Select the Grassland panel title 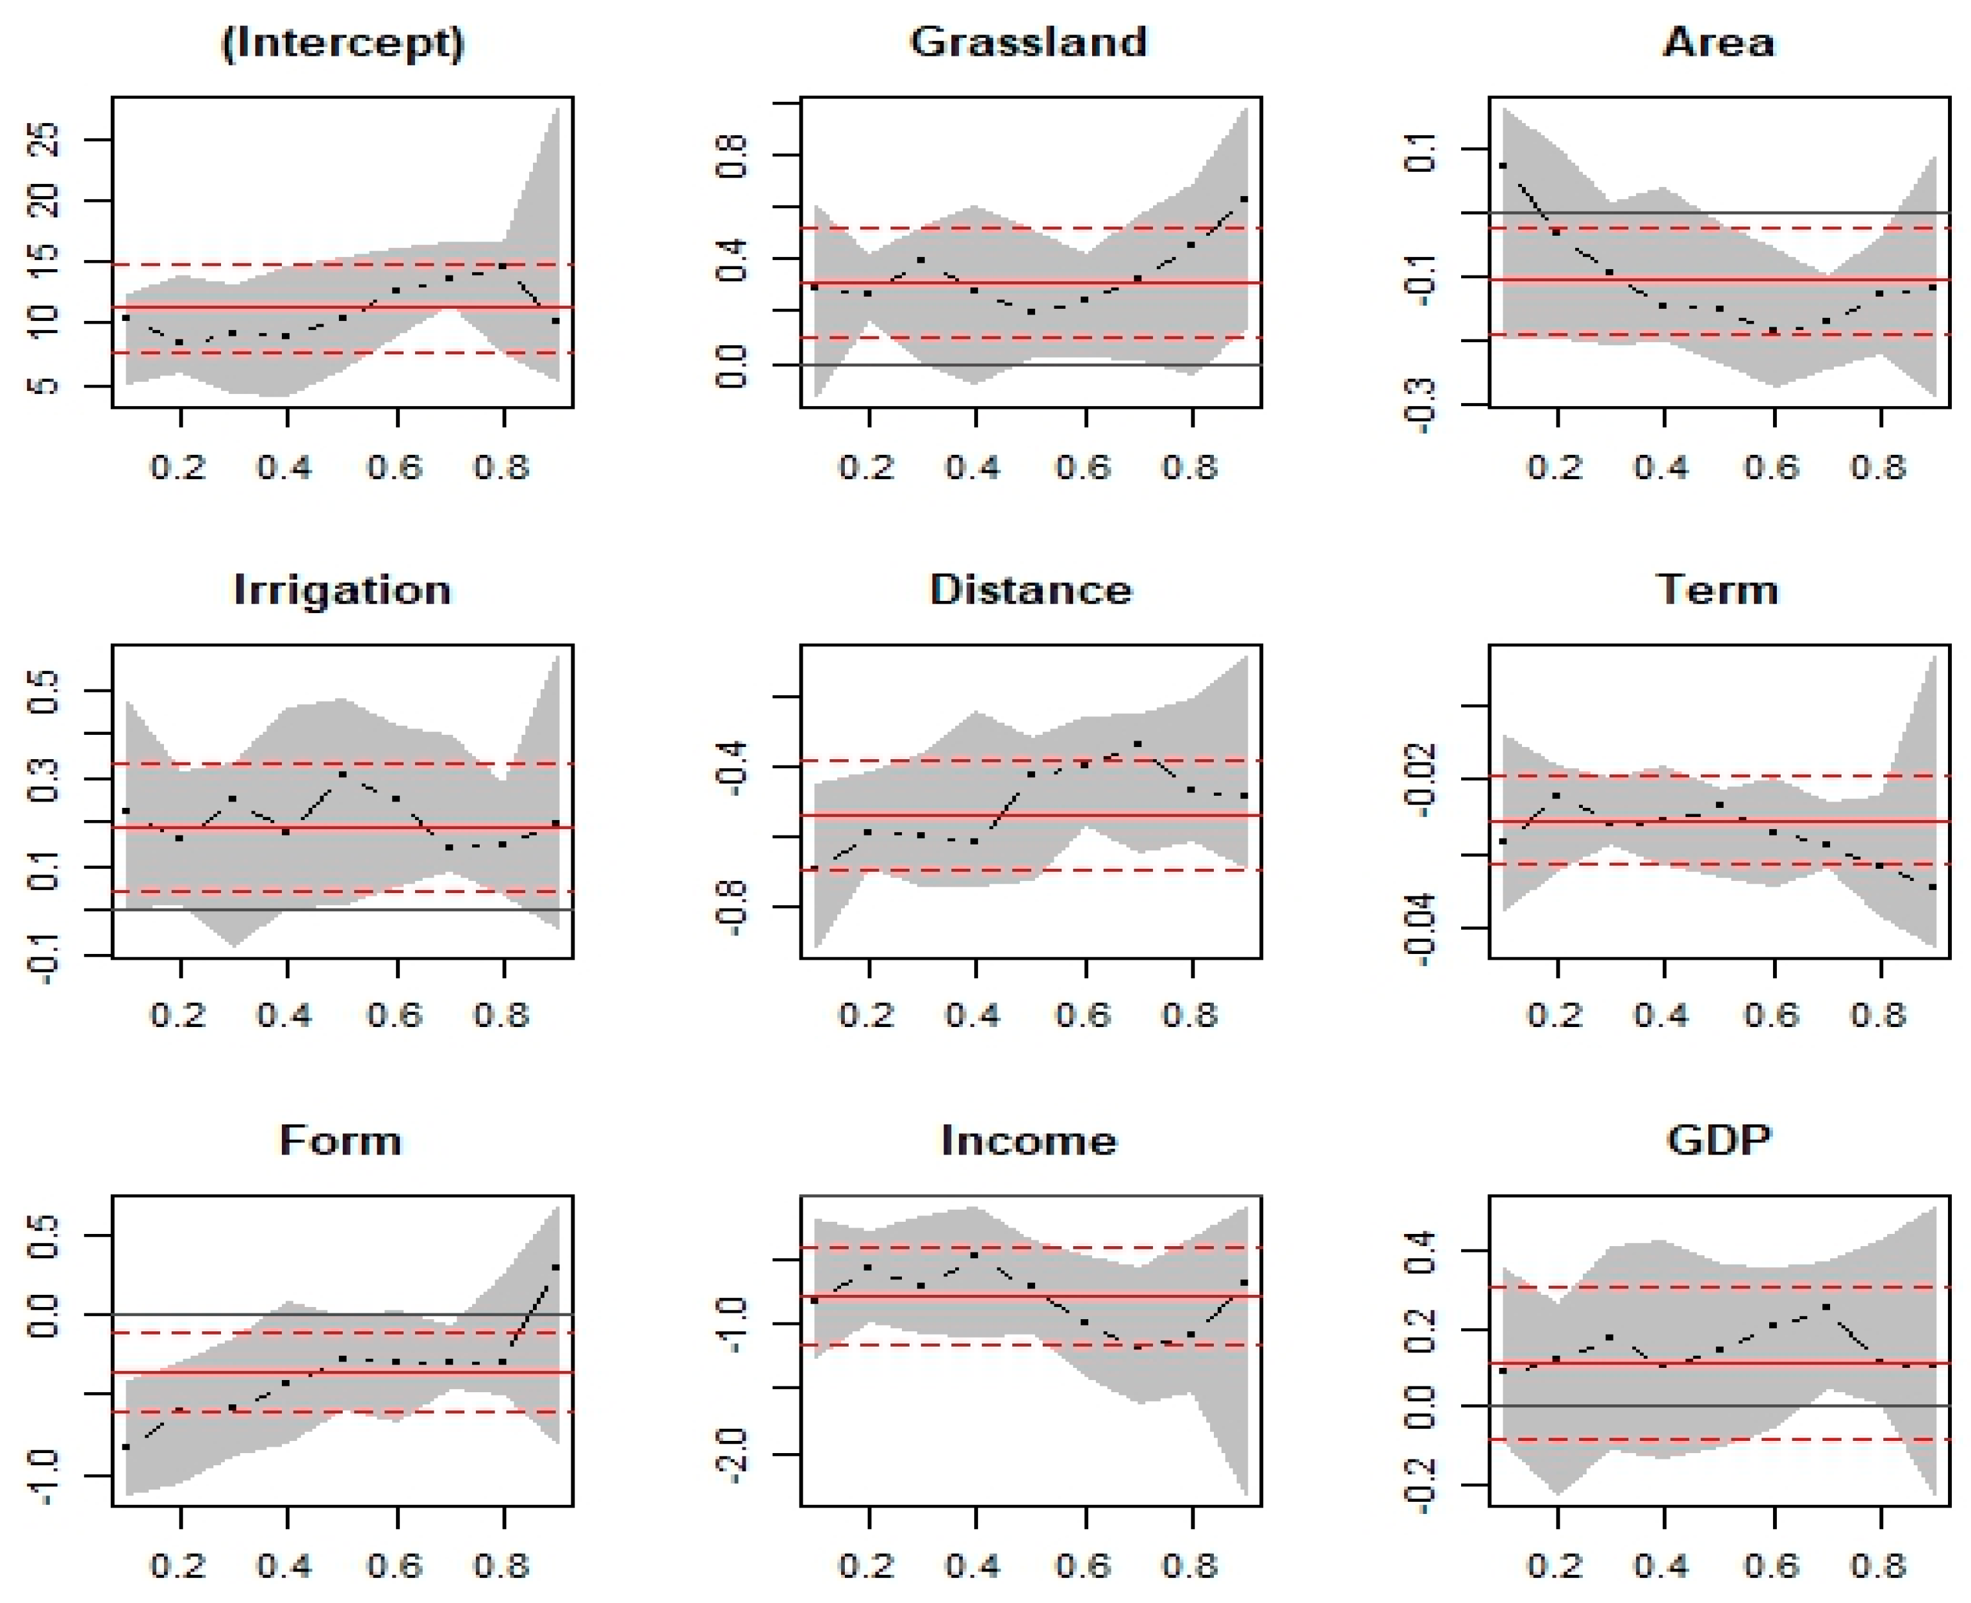click(1029, 42)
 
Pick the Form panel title click(341, 1140)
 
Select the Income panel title click(1029, 1140)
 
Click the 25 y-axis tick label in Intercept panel click(44, 140)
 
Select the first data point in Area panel click(1503, 166)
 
